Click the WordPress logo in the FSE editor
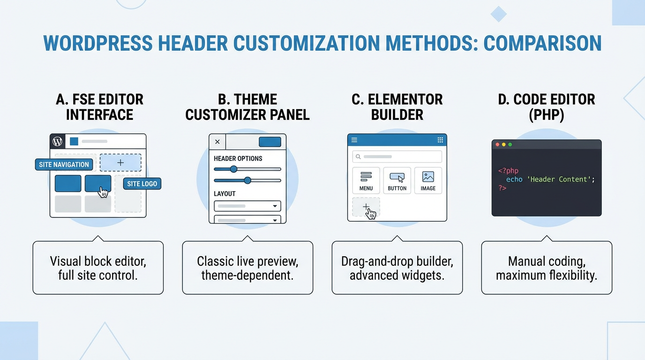[x=58, y=141]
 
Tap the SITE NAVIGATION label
[x=64, y=165]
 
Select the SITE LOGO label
[x=142, y=184]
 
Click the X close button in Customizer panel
[x=217, y=142]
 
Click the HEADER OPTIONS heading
[x=238, y=158]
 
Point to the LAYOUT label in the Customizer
[x=225, y=194]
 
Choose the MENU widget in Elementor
[x=366, y=180]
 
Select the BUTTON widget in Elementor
[x=397, y=180]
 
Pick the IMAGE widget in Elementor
[x=428, y=180]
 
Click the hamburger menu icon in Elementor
[x=354, y=140]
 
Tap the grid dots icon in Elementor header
[x=440, y=140]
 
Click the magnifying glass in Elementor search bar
[x=358, y=157]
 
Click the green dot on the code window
[x=510, y=144]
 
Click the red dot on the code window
[x=497, y=144]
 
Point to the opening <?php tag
[x=508, y=171]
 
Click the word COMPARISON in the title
[x=542, y=44]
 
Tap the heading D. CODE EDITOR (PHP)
[x=547, y=107]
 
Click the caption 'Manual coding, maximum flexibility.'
[x=547, y=268]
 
